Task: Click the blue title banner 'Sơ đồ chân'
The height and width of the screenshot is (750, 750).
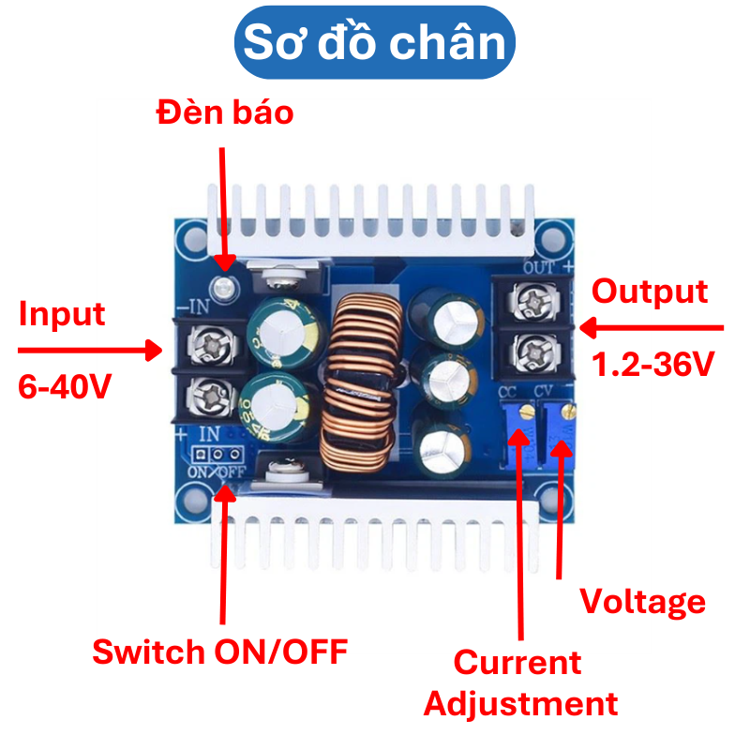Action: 375,42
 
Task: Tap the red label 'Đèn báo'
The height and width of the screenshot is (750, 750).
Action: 225,112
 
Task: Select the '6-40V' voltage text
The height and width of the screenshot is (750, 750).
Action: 65,385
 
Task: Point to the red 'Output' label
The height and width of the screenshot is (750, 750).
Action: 650,291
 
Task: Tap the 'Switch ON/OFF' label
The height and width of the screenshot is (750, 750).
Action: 219,651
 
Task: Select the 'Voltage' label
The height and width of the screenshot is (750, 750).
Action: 642,601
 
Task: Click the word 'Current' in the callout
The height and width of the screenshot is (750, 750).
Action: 517,663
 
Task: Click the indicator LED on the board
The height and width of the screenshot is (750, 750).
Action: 223,286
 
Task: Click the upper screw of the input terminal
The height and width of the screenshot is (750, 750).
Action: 207,343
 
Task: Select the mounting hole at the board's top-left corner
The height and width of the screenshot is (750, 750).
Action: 194,232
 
